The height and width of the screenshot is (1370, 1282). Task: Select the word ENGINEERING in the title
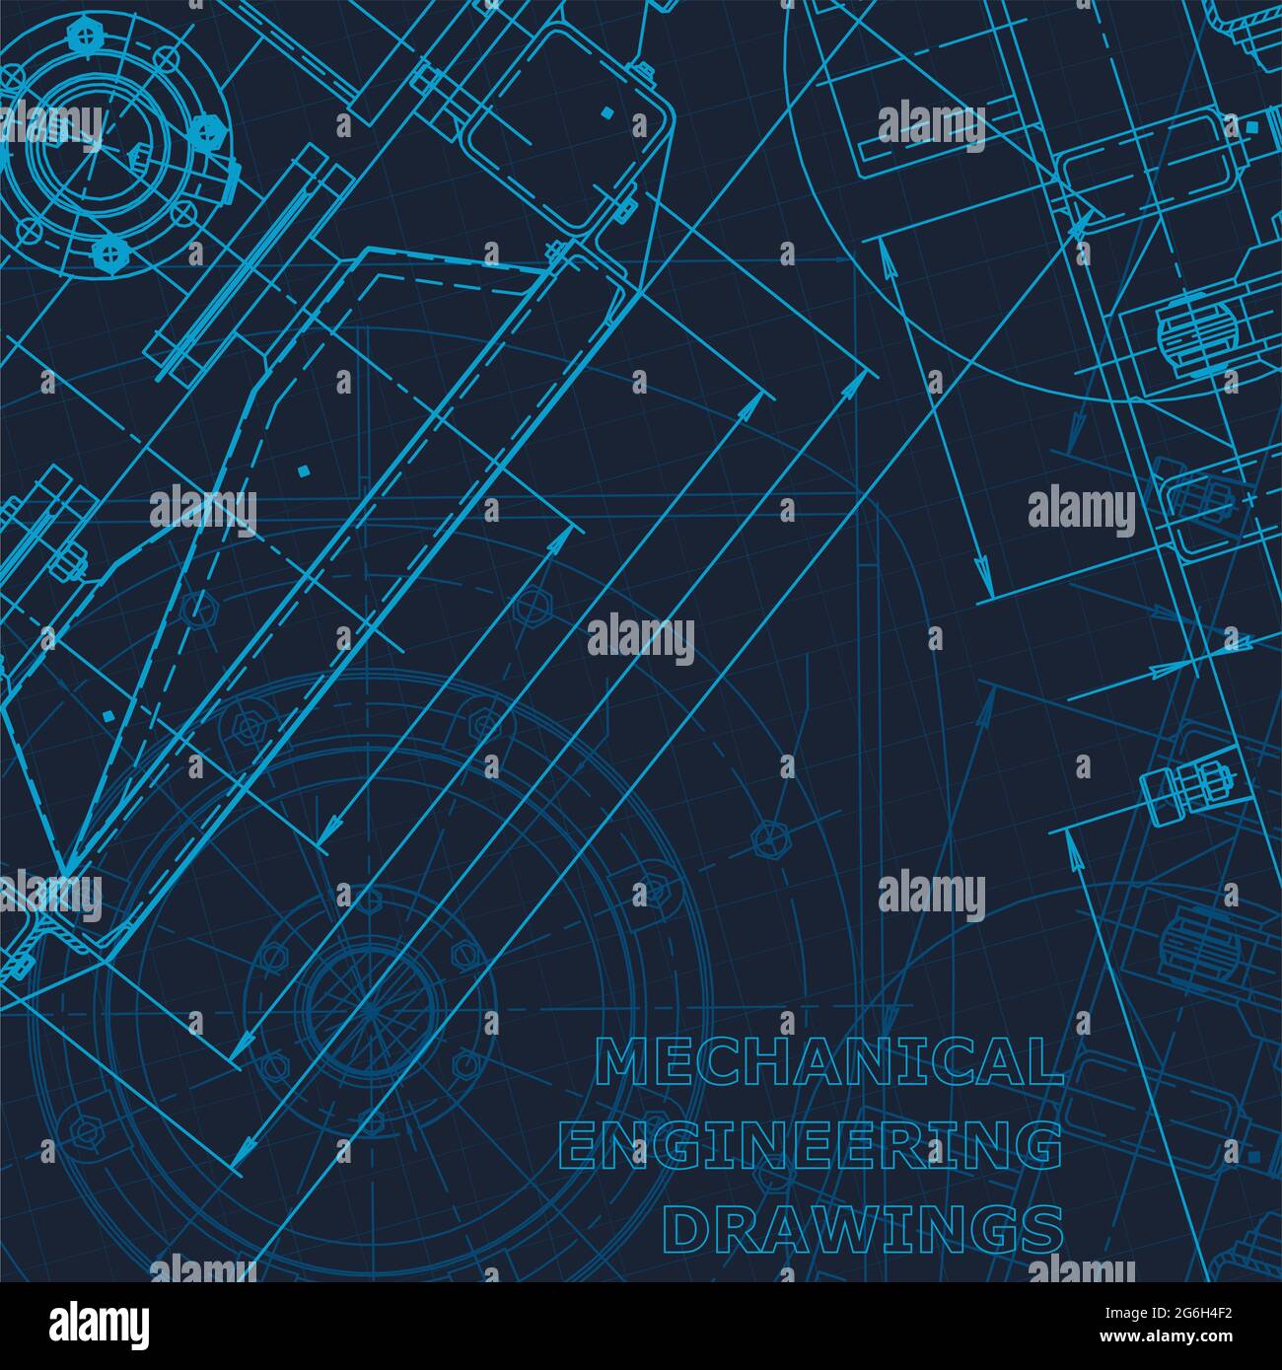[812, 1146]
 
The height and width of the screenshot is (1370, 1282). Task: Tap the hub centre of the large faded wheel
[368, 1009]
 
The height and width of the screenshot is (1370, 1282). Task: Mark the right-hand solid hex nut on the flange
[207, 131]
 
